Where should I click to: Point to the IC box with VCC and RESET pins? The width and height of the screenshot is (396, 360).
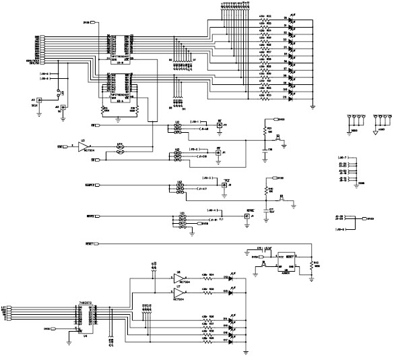pos(271,260)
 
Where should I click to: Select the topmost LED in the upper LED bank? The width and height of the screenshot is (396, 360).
pos(291,20)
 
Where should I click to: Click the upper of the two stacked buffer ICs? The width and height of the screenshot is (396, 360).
pos(119,44)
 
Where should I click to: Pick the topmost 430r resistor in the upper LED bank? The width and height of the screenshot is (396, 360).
pos(264,20)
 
